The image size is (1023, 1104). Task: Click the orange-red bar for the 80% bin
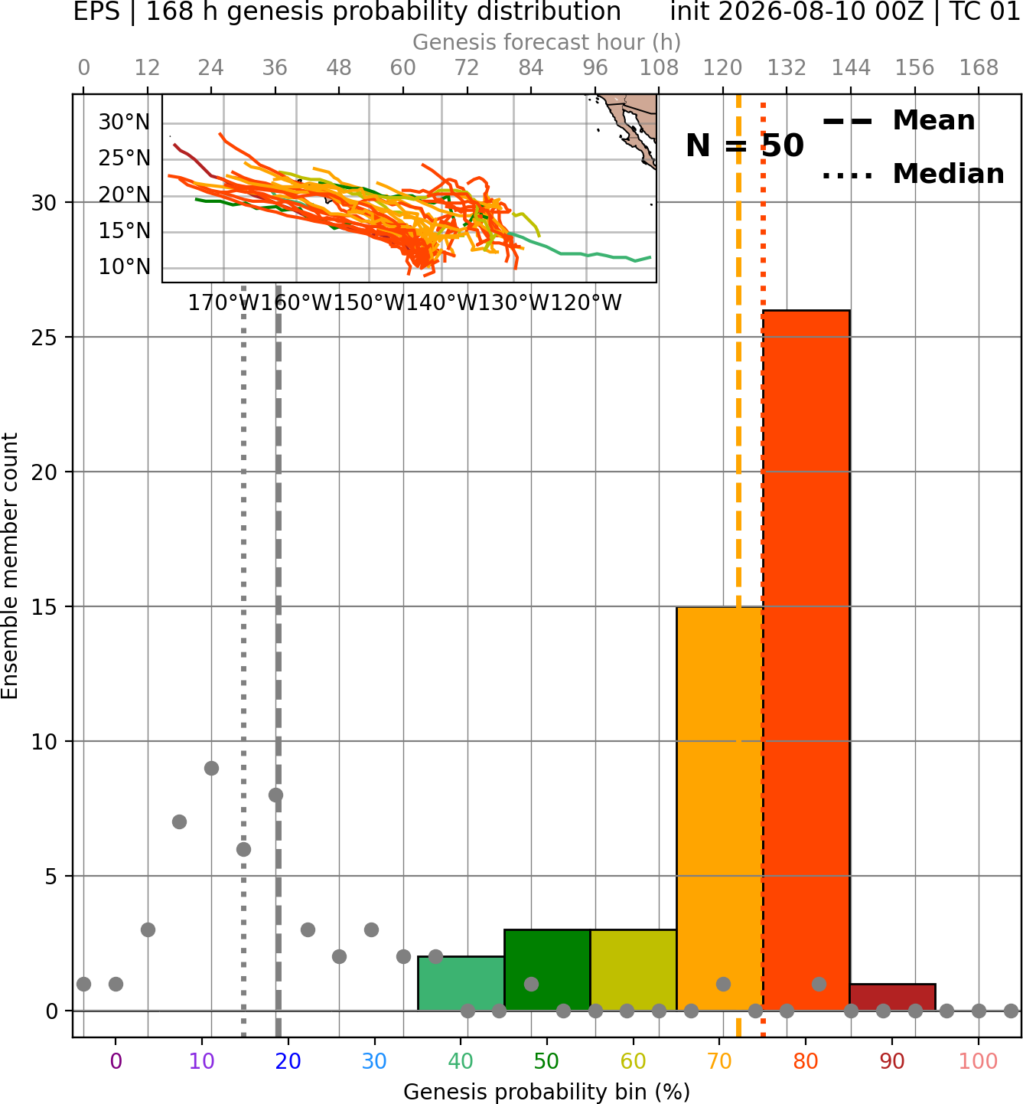click(806, 660)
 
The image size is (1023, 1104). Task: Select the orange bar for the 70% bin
click(719, 808)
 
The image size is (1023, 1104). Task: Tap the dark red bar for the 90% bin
click(892, 997)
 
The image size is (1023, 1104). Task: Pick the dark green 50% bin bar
click(547, 970)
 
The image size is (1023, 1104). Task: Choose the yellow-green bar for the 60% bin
click(634, 970)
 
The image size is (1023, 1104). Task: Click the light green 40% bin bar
click(461, 983)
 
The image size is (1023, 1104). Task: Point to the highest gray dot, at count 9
click(211, 768)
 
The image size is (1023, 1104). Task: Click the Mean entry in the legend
click(898, 121)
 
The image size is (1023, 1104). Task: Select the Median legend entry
click(913, 174)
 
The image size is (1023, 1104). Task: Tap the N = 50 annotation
click(744, 145)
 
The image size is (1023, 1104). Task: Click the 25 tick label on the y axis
click(44, 338)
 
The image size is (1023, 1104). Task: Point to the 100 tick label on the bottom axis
click(979, 1061)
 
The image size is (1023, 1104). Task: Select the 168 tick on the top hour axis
click(979, 68)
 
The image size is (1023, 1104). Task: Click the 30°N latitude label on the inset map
click(125, 122)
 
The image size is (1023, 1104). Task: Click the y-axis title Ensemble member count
click(10, 567)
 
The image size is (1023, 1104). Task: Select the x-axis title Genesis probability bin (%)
click(547, 1092)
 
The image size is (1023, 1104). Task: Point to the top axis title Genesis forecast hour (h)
click(547, 42)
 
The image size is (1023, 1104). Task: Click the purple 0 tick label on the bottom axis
click(116, 1061)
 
